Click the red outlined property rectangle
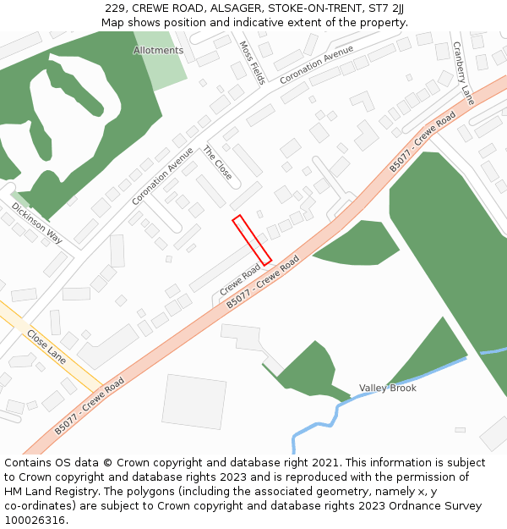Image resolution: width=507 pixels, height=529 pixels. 252,240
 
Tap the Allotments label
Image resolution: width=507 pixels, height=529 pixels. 158,51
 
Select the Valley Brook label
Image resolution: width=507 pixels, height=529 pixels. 388,388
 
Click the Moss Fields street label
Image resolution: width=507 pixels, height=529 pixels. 253,63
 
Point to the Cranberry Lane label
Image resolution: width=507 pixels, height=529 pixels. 463,73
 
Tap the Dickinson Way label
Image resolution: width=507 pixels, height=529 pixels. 37,223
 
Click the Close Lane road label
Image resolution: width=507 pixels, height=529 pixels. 46,347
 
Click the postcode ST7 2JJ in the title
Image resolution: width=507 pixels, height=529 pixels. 387,8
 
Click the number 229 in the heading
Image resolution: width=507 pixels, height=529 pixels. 116,8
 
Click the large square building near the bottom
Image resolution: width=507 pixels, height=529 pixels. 194,401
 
